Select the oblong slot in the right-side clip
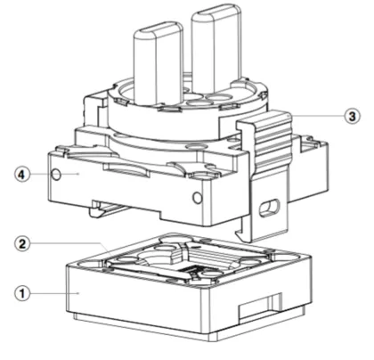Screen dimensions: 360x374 268,207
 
